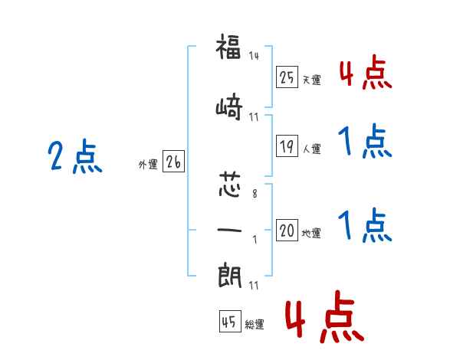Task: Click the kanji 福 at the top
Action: click(x=228, y=47)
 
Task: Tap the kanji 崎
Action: click(x=229, y=107)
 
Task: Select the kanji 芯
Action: click(x=230, y=184)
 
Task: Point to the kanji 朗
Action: click(x=230, y=276)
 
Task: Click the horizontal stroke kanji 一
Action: click(x=229, y=230)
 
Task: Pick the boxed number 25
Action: click(x=287, y=77)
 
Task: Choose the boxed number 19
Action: click(x=287, y=146)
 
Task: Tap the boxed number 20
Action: click(x=287, y=230)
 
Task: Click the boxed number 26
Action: click(x=173, y=162)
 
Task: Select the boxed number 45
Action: click(x=230, y=322)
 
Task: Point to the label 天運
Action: click(x=312, y=80)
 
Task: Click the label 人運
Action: click(x=312, y=149)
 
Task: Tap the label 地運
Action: click(x=311, y=233)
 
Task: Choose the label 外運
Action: click(x=148, y=165)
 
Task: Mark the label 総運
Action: click(x=255, y=325)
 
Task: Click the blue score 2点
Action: click(x=75, y=155)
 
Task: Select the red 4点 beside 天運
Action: click(x=366, y=73)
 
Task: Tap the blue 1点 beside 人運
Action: click(x=365, y=141)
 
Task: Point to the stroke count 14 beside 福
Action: click(x=254, y=56)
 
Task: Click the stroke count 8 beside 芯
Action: click(x=255, y=194)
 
